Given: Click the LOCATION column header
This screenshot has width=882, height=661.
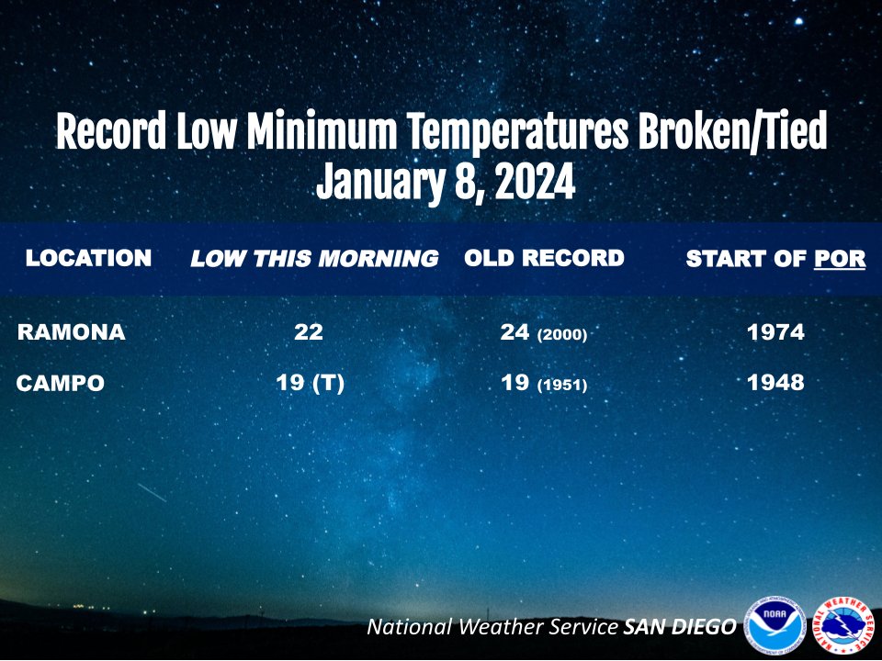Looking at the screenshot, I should tap(88, 259).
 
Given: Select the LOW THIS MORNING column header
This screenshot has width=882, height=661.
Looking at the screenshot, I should tap(313, 260).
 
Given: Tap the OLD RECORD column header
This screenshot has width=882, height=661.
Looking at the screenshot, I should tap(544, 259).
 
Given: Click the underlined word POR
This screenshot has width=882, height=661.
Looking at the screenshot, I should tap(840, 260).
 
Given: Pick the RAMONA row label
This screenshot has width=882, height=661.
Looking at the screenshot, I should tap(71, 332).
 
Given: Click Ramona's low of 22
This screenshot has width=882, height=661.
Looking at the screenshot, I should tap(309, 332).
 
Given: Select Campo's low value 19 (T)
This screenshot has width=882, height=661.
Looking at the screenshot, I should tap(310, 383).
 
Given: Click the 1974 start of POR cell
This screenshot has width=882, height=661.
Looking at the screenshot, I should tap(775, 332).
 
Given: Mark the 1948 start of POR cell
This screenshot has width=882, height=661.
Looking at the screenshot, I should tap(775, 383).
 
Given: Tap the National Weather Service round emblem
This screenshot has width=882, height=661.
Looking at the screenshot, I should tap(843, 626).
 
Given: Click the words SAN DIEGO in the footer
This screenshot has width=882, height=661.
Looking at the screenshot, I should tap(680, 627).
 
